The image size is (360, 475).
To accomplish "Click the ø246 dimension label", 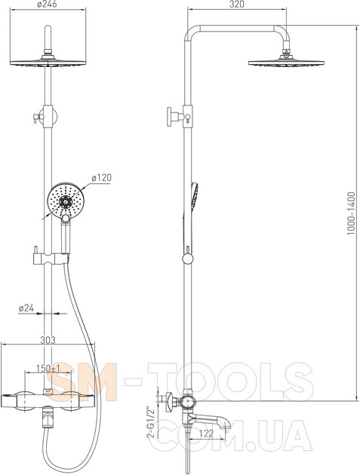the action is pyautogui.click(x=47, y=5).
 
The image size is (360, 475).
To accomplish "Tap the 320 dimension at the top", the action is pyautogui.click(x=236, y=5).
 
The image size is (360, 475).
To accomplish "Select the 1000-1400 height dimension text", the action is pyautogui.click(x=351, y=213).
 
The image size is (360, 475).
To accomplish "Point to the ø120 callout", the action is pyautogui.click(x=102, y=178).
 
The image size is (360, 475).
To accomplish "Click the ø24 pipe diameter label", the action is pyautogui.click(x=26, y=308).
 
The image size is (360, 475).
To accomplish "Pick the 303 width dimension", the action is pyautogui.click(x=48, y=340).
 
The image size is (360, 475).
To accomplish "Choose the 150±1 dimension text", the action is pyautogui.click(x=48, y=369).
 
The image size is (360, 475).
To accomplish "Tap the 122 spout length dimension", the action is pyautogui.click(x=207, y=434).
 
